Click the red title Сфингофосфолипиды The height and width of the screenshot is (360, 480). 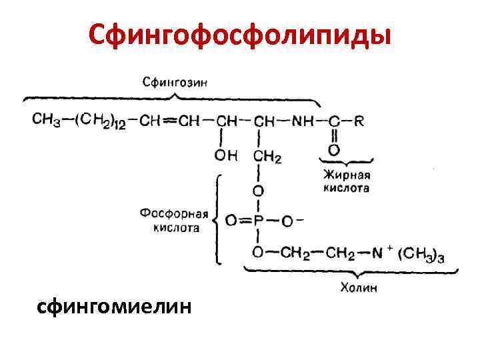tap(239, 34)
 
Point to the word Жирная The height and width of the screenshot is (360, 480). tap(347, 176)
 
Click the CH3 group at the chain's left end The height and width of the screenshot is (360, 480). tap(46, 120)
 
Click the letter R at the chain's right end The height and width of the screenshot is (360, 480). tap(359, 121)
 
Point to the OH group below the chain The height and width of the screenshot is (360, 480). tap(225, 156)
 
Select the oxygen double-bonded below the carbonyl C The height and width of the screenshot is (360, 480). tap(333, 151)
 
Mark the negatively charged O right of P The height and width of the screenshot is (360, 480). tap(287, 220)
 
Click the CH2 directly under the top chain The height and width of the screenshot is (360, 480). tap(267, 157)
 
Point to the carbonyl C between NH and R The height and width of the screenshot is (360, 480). tap(333, 121)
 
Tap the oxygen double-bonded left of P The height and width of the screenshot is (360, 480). tap(231, 220)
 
